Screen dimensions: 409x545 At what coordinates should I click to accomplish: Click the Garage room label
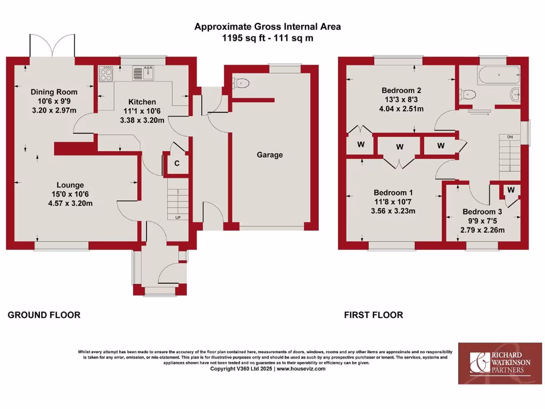pos(270,155)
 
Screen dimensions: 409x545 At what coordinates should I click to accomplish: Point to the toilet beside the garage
pos(242,83)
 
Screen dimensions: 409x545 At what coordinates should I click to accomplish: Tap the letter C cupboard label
pos(177,164)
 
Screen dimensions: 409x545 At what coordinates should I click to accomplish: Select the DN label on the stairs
pos(510,137)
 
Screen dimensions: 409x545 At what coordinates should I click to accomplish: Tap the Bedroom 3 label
pos(482,211)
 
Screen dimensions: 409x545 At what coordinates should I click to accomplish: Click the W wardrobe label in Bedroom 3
pos(511,190)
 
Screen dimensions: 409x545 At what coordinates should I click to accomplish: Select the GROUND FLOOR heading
pos(44,315)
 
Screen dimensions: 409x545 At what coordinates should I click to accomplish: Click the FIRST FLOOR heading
pos(373,315)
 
